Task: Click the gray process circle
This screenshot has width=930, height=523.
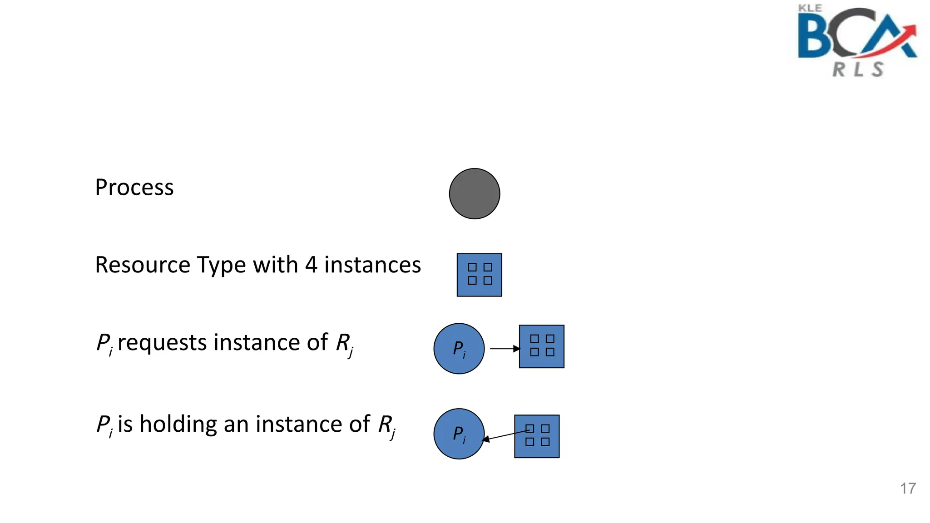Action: tap(475, 194)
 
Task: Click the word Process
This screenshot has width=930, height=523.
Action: tap(134, 187)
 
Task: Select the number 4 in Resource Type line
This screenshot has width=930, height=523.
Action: tap(311, 265)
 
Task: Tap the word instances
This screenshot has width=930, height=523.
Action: tap(372, 265)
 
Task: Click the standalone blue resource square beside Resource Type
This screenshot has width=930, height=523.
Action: tap(479, 275)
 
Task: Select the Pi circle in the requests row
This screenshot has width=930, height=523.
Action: tap(459, 349)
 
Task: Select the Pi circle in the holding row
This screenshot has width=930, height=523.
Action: tap(459, 434)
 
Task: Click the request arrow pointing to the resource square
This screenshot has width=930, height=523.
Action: tap(504, 349)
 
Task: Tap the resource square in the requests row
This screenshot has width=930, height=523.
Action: tap(542, 346)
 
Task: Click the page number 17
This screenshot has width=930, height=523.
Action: tap(908, 488)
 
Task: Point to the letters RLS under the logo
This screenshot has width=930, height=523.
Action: tap(858, 69)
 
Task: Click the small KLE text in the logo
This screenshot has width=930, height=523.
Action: tap(810, 8)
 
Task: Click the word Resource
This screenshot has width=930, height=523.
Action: tap(142, 265)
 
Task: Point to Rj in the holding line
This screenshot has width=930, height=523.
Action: tap(387, 425)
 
